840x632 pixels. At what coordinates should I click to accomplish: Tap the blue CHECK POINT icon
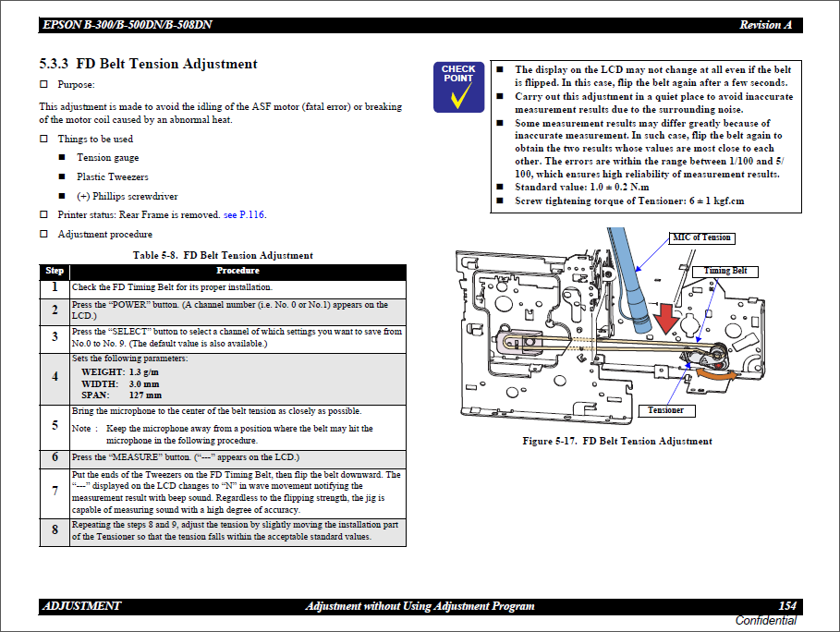[x=458, y=86]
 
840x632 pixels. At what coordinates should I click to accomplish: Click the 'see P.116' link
[x=244, y=215]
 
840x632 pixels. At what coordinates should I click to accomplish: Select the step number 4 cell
[x=55, y=378]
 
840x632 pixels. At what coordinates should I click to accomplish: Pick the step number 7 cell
[x=55, y=492]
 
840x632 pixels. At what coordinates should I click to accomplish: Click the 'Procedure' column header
[x=237, y=271]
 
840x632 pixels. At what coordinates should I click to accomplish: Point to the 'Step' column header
[x=55, y=271]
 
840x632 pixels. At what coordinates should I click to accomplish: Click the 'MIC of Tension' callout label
[x=702, y=237]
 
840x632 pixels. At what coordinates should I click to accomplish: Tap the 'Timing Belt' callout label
[x=725, y=271]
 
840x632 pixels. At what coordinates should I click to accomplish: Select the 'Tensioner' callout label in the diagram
[x=665, y=410]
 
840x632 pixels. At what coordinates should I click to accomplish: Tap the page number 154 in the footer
[x=786, y=606]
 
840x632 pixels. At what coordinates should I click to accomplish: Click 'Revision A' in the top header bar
[x=765, y=25]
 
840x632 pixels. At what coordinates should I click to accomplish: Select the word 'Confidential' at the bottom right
[x=765, y=621]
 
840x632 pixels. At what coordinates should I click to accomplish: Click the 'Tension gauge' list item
[x=107, y=158]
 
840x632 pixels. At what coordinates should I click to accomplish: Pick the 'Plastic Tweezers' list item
[x=112, y=176]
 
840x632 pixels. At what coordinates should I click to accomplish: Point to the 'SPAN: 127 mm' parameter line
[x=121, y=395]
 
